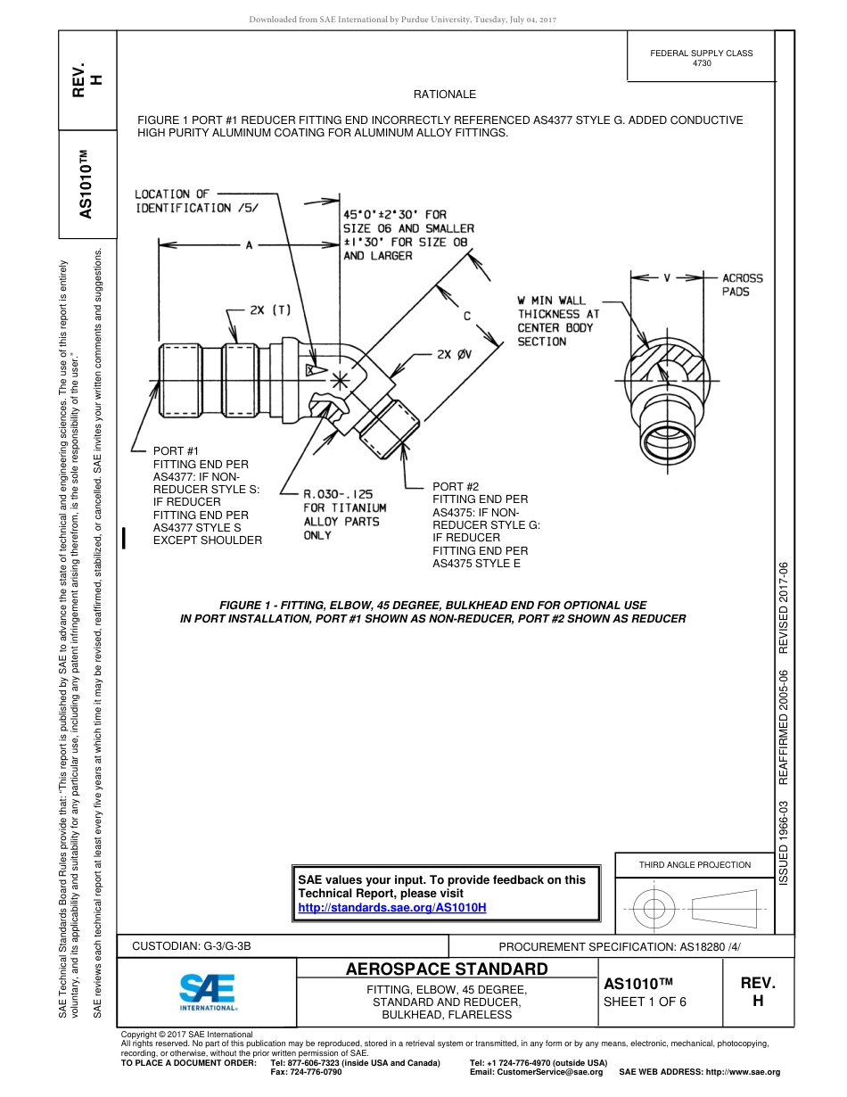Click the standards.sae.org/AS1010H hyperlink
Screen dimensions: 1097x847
(391, 907)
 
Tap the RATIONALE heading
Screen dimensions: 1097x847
(444, 95)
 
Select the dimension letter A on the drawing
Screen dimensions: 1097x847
(250, 244)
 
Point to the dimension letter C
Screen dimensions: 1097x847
(467, 315)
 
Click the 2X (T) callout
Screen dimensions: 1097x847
(270, 309)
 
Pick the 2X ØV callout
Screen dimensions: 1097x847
(457, 354)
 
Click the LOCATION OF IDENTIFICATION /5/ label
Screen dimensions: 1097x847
(183, 201)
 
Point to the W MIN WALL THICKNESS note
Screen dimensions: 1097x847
(559, 321)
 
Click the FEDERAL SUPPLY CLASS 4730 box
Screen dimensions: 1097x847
(701, 58)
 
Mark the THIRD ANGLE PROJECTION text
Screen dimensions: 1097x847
(695, 864)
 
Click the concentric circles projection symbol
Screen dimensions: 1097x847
(655, 909)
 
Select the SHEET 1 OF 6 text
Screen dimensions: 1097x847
(646, 1001)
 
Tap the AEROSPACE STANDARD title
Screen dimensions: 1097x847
(447, 969)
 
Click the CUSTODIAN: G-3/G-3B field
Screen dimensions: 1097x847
(198, 946)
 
